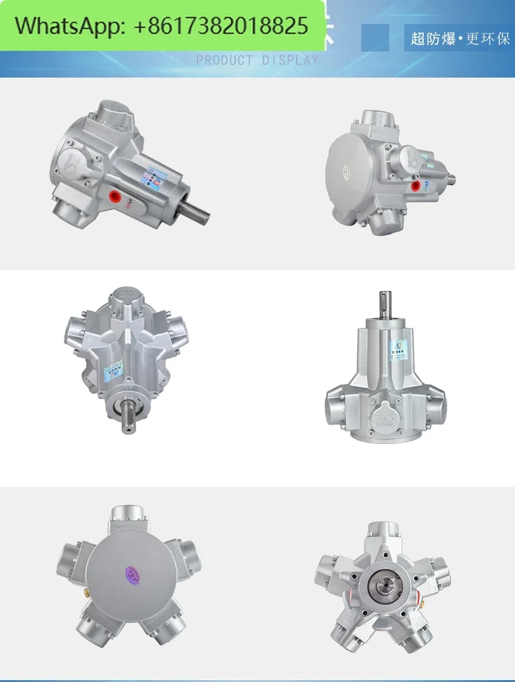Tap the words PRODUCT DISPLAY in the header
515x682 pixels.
click(x=257, y=61)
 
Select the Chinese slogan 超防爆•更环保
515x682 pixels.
click(x=460, y=38)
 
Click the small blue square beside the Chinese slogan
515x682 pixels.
click(x=375, y=37)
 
